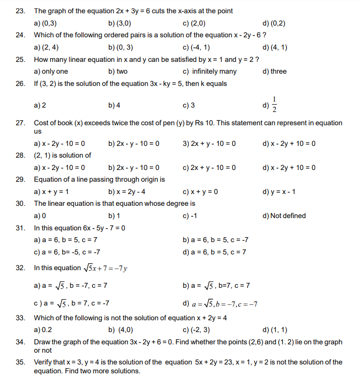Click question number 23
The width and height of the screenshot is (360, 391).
[x=20, y=11]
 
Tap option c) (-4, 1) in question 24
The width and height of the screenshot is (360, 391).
[x=196, y=48]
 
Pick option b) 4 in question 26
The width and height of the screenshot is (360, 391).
[x=114, y=106]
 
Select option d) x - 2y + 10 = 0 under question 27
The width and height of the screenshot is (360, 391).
[x=289, y=143]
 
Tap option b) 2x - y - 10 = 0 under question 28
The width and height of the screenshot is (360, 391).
[x=134, y=168]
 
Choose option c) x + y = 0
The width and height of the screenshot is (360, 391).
[x=200, y=192]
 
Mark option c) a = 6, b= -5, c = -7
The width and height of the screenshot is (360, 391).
[x=67, y=252]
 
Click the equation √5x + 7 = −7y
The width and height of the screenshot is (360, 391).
[x=106, y=268]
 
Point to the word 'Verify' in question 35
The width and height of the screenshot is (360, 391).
[x=43, y=362]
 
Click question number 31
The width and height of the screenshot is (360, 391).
[x=20, y=228]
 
